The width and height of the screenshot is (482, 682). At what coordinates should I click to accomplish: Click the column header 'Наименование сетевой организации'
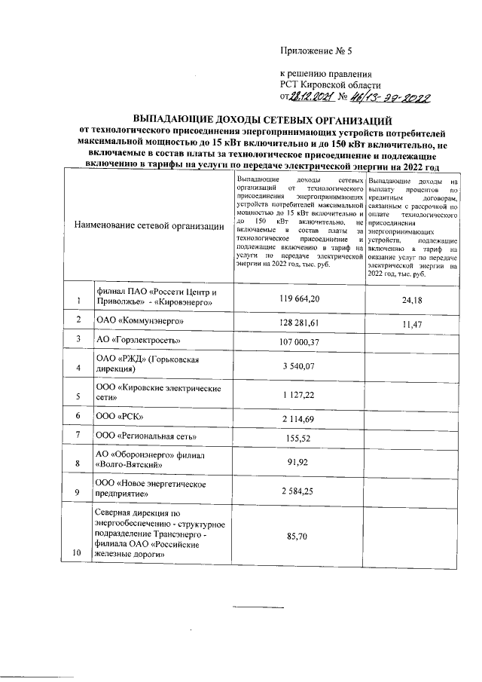coord(149,225)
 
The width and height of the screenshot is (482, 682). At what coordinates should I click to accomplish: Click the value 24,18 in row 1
coord(412,298)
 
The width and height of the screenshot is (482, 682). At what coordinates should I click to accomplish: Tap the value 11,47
coord(412,323)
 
